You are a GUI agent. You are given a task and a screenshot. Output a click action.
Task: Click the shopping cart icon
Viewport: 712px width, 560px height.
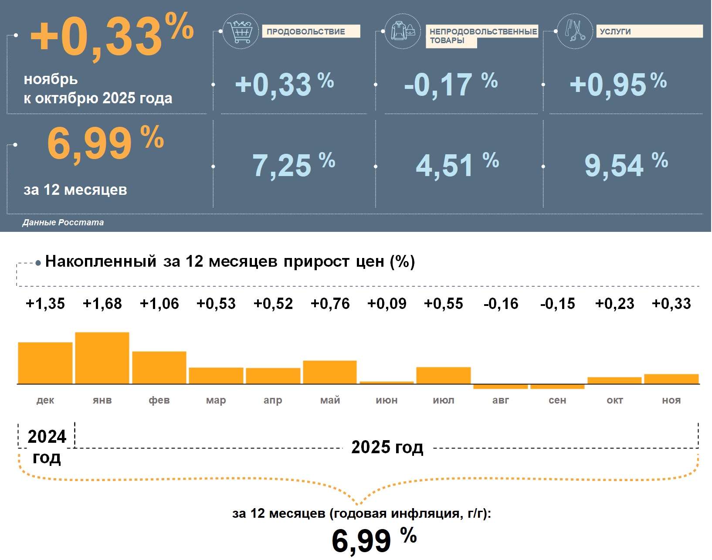click(241, 31)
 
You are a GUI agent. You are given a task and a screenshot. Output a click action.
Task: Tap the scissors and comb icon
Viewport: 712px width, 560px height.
click(575, 31)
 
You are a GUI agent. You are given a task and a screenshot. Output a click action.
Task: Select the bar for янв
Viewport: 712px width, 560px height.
click(102, 358)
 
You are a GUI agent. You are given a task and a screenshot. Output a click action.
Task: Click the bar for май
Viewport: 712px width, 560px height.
click(330, 372)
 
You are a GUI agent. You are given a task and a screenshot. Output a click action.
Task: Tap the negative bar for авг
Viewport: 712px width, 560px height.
click(501, 387)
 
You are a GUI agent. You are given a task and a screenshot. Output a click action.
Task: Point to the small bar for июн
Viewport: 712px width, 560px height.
click(387, 383)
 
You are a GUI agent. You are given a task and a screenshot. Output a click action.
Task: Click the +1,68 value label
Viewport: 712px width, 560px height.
click(102, 304)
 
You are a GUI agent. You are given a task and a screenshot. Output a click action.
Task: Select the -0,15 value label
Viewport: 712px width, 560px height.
click(557, 304)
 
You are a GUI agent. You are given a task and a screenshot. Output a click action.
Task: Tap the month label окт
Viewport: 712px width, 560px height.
click(614, 400)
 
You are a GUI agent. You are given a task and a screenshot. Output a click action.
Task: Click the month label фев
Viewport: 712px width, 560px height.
click(159, 400)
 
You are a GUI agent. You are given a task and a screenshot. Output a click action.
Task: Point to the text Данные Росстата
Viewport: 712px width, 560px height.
click(63, 223)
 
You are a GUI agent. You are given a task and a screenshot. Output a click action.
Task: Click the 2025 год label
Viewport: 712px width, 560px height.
click(387, 448)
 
